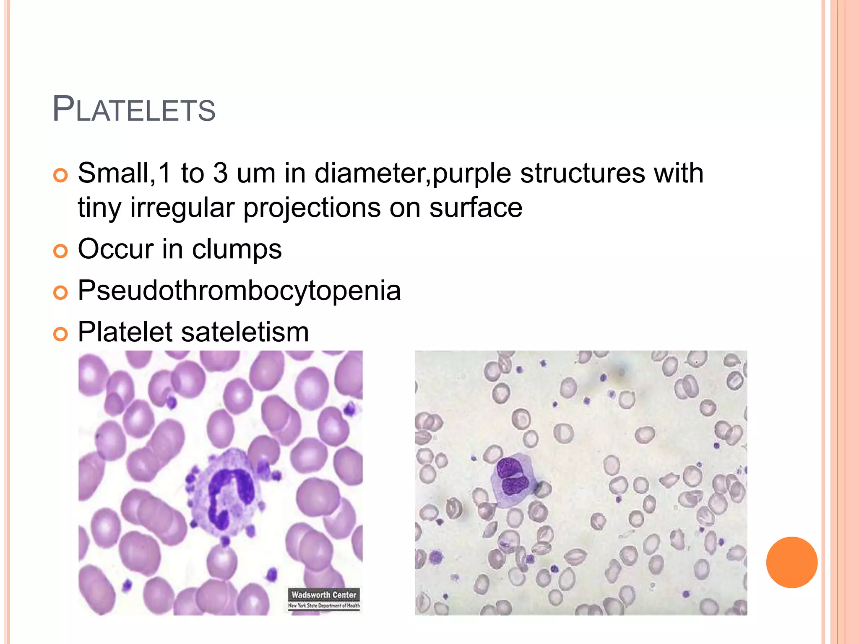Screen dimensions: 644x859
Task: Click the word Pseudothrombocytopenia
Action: coord(239,291)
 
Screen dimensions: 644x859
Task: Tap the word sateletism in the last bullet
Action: coord(245,332)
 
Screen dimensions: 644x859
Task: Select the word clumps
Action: coord(237,249)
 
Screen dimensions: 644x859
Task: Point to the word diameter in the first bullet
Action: coord(372,173)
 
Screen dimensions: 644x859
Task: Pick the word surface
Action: coord(476,208)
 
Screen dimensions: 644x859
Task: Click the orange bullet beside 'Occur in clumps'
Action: coord(60,252)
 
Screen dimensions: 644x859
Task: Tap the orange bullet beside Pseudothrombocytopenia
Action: coord(60,293)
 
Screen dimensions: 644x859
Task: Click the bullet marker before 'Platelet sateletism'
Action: coord(60,334)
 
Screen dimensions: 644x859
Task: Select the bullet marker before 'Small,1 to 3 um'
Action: coord(60,175)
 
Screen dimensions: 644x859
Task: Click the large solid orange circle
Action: coord(791,562)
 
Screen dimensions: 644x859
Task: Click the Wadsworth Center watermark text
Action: coord(324,595)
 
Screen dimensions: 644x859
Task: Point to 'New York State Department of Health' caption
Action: coord(324,605)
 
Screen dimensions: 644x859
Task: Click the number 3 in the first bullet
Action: coord(220,173)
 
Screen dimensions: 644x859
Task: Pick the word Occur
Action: coord(115,249)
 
